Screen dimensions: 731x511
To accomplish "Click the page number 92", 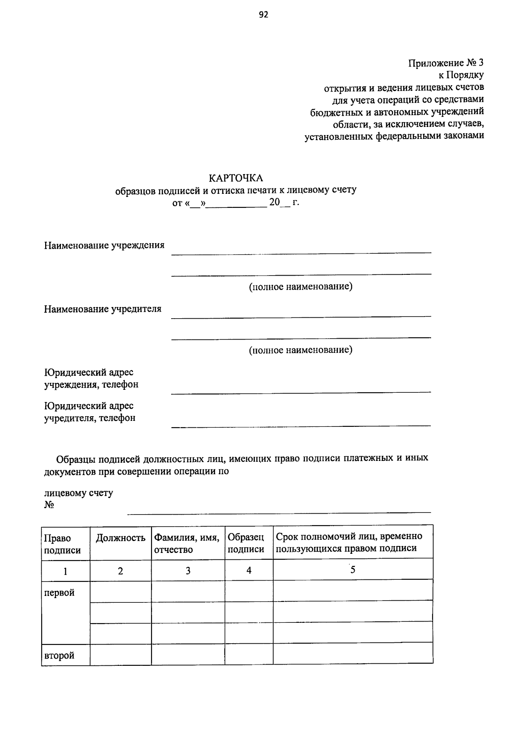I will tap(263, 15).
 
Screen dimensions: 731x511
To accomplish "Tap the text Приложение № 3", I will tap(446, 63).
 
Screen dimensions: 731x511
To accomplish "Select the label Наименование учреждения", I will tap(104, 245).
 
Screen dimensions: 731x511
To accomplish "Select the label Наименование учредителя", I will tap(103, 309).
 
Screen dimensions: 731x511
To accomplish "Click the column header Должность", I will tap(121, 538).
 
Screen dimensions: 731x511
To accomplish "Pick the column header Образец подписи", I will tap(246, 543).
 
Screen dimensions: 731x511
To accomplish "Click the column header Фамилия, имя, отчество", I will tap(187, 543).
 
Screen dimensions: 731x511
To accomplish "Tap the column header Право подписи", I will tap(62, 544).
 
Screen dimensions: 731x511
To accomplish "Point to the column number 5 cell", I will tap(353, 570).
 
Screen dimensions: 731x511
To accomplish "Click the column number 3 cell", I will tap(188, 571).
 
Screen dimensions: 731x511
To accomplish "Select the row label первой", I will tap(59, 593).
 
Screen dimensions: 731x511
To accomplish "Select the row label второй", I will tap(59, 655).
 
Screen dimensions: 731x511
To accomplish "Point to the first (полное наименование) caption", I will tap(301, 287).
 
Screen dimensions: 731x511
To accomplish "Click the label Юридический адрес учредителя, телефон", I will tap(90, 412).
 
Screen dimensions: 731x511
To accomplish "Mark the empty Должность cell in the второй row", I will tap(121, 654).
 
